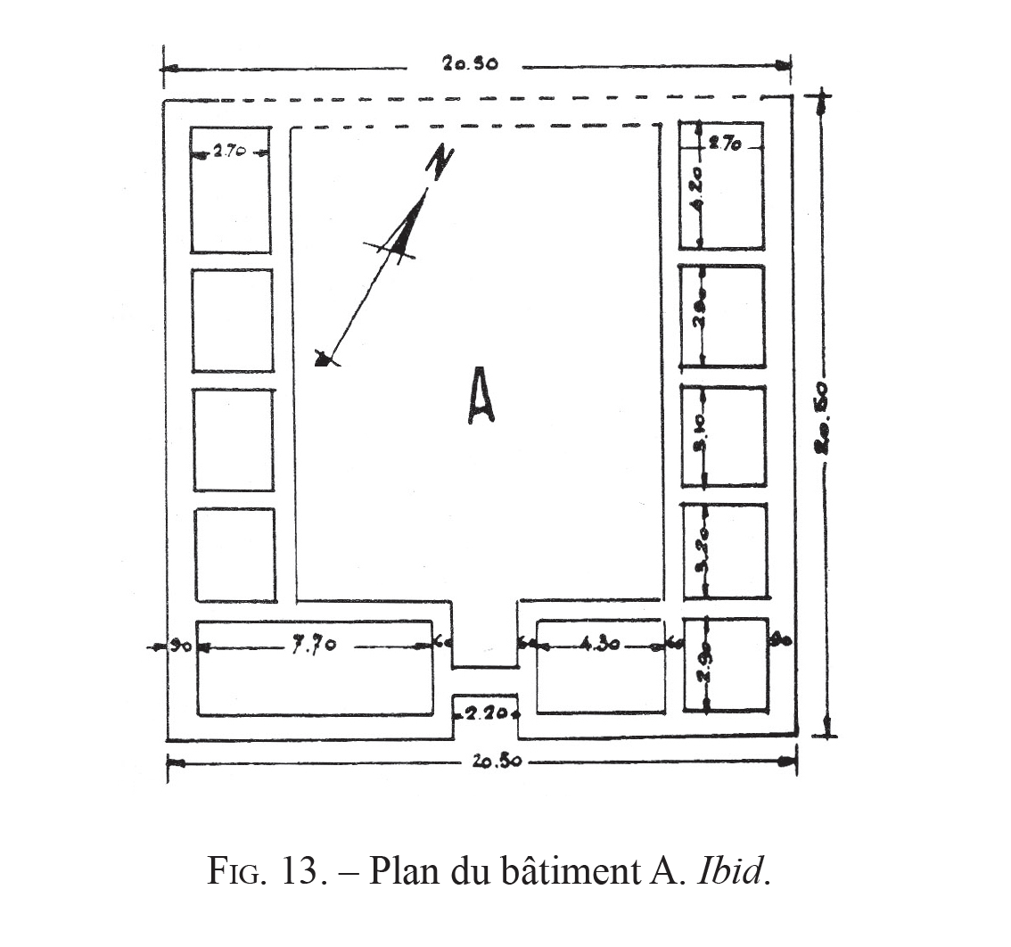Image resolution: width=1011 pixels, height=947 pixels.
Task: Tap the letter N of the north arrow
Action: tap(439, 163)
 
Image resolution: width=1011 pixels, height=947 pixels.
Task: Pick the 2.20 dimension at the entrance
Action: tap(487, 712)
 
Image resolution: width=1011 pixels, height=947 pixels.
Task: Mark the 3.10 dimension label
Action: tap(702, 434)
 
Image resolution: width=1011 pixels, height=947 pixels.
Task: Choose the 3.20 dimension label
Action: tap(702, 551)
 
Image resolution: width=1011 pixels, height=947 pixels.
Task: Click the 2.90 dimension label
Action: tap(703, 664)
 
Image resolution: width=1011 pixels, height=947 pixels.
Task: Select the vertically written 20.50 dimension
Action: tap(823, 419)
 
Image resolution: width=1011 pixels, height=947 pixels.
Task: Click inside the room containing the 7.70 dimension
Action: tap(315, 687)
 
